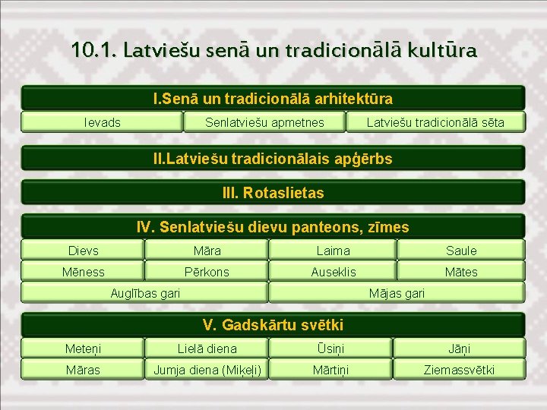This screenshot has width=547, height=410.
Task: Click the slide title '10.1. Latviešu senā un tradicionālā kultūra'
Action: point(273,51)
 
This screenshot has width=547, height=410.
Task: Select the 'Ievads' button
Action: point(102,122)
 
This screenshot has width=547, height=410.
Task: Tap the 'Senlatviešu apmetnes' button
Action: point(264,122)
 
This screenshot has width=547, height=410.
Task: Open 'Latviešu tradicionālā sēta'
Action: point(435,122)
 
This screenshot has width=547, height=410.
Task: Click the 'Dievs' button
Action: point(83,251)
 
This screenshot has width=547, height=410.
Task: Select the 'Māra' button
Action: point(207,251)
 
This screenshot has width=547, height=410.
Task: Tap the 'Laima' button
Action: point(333,251)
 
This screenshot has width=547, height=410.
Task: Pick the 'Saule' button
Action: point(460,251)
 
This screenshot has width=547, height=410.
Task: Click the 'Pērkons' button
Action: point(207,272)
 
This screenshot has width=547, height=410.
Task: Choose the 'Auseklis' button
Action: point(333,272)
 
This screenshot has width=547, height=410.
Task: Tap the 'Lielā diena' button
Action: point(207,348)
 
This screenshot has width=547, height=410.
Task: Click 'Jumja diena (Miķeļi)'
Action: point(207,370)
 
